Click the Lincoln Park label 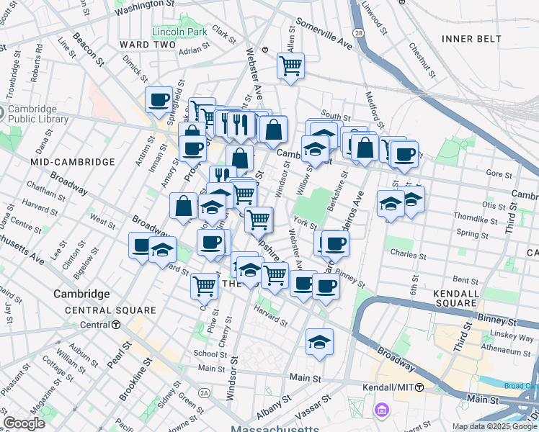tap(179, 32)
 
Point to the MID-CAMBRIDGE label tap(73, 162)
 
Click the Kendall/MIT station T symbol tap(419, 387)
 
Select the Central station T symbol tap(115, 325)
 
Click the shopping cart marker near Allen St tap(291, 66)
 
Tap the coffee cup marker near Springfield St tap(159, 99)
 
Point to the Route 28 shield tap(357, 54)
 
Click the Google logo tap(24, 423)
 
